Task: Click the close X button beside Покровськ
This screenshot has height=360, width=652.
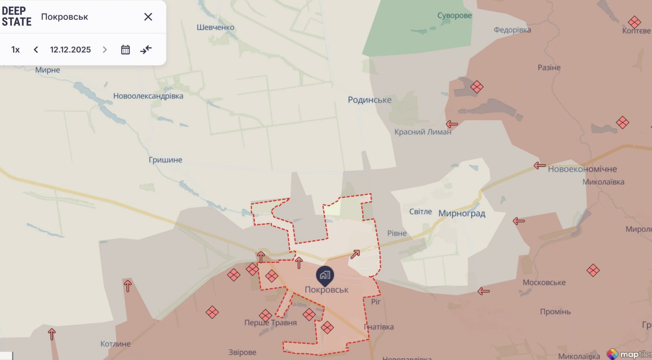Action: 148,17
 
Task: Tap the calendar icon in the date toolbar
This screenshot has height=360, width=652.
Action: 125,50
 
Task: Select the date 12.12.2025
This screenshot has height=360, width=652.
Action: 70,50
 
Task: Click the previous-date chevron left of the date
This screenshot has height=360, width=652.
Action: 36,50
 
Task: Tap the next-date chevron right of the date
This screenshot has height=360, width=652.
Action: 104,50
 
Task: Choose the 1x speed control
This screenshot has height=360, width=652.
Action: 15,50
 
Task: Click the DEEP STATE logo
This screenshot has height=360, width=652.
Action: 16,16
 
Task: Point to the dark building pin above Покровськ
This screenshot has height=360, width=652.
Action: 325,275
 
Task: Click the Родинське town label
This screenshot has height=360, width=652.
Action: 369,100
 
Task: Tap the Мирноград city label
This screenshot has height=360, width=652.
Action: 462,213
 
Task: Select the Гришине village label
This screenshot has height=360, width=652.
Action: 165,160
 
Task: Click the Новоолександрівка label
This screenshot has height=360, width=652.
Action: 148,96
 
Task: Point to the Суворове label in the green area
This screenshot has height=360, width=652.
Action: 454,16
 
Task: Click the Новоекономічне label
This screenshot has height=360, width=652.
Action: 582,169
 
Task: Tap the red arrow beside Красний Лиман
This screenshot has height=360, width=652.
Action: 452,124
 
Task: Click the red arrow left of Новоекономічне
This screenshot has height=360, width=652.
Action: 539,165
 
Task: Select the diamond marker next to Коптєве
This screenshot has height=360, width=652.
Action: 634,22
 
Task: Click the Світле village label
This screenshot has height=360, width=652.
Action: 420,212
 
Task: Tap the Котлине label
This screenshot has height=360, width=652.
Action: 115,344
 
